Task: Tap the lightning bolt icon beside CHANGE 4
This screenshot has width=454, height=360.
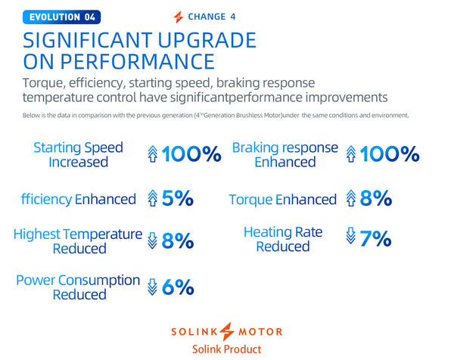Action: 178,17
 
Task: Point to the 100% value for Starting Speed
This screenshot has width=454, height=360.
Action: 192,155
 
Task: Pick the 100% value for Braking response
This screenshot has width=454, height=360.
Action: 390,155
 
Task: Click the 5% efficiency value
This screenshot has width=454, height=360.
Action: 177,199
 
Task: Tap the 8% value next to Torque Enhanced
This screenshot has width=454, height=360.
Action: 376,199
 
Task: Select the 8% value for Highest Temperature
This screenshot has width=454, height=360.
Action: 177,241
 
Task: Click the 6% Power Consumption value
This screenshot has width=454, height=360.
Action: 178,287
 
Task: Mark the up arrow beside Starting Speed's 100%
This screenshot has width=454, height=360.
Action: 153,155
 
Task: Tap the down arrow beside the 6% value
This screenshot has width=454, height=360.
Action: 152,287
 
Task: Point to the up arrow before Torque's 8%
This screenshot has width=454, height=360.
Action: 350,199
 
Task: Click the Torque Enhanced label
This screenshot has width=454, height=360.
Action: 282,200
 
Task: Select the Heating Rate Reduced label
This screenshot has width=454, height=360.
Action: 282,240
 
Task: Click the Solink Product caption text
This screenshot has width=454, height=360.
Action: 228,349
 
